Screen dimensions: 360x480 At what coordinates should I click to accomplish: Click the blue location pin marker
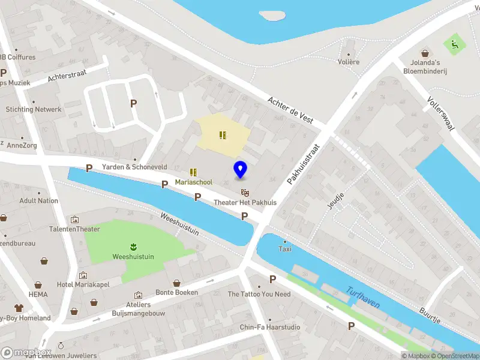(x=240, y=169)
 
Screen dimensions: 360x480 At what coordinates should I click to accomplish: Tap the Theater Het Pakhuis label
(x=245, y=203)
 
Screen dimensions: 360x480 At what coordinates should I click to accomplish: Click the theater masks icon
(x=245, y=192)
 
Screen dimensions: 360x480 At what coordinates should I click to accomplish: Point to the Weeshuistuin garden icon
(x=133, y=246)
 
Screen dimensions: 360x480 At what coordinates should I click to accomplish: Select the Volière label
(x=349, y=62)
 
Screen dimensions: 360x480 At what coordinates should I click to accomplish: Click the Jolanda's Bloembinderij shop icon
(x=425, y=53)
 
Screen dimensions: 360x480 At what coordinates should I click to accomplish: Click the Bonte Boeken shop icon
(x=176, y=283)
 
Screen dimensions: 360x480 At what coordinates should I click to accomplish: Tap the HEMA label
(x=38, y=295)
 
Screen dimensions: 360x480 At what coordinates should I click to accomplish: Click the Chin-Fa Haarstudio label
(x=270, y=327)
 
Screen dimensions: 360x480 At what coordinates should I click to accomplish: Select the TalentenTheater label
(x=74, y=229)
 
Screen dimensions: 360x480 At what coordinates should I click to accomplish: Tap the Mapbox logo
(x=25, y=353)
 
